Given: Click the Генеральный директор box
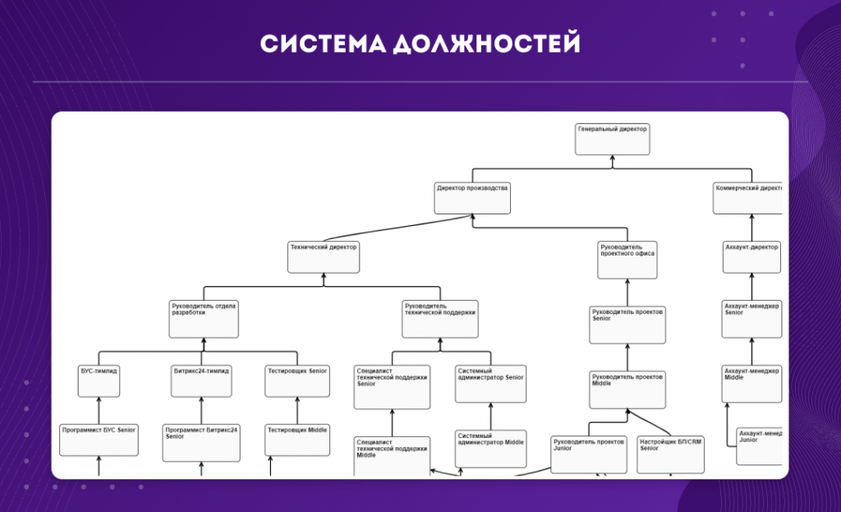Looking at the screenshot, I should tap(612, 139).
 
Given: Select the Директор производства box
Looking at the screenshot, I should tap(472, 198).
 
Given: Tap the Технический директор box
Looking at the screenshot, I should tap(324, 256).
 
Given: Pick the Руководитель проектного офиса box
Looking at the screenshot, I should tap(627, 258).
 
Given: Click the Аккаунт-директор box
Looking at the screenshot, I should tap(751, 256).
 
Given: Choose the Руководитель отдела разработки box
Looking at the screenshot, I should tap(204, 319).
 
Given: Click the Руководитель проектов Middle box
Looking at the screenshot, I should tap(627, 390).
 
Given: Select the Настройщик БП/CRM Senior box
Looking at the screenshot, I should tap(670, 454).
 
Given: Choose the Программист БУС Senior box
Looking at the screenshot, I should tap(99, 440).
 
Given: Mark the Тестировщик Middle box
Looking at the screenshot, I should tap(297, 440).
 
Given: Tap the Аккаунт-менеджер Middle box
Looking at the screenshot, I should tap(751, 383).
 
